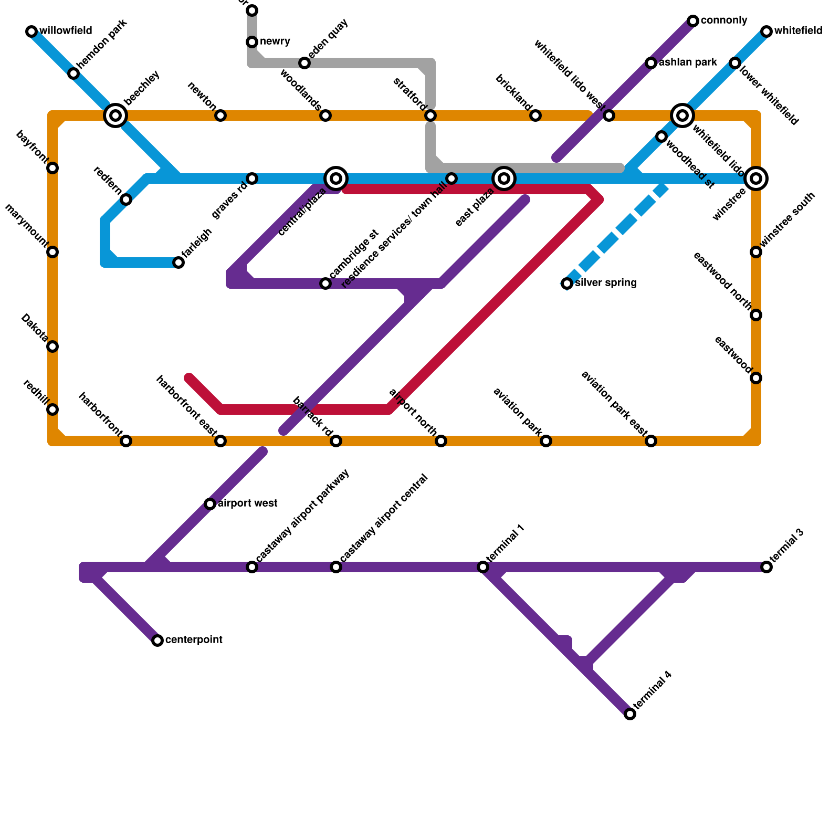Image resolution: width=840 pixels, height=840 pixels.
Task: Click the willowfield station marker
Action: click(31, 31)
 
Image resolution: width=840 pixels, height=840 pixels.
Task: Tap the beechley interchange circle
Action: click(115, 115)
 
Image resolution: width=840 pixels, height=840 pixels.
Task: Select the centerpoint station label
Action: click(194, 640)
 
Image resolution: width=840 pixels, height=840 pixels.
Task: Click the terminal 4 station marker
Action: click(630, 714)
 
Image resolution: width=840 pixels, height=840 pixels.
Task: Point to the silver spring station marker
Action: click(567, 283)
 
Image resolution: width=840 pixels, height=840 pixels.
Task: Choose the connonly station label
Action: click(724, 20)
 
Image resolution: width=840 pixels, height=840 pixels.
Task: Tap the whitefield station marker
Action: click(766, 31)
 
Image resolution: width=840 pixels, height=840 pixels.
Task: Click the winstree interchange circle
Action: click(756, 178)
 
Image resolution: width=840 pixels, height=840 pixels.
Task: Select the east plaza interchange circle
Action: click(504, 178)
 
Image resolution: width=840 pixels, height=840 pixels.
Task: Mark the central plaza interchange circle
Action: click(336, 178)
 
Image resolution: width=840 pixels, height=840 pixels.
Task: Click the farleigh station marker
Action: click(178, 262)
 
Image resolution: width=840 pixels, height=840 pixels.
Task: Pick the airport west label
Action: click(247, 503)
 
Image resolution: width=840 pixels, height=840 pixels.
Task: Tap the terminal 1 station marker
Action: click(483, 567)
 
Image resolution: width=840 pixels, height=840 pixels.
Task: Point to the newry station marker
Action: click(252, 42)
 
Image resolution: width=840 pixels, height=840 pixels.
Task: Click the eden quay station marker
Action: click(304, 63)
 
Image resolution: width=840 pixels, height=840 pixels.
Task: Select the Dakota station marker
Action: click(52, 346)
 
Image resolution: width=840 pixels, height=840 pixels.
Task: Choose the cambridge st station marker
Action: click(325, 283)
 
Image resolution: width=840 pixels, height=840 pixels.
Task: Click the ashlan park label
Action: click(688, 62)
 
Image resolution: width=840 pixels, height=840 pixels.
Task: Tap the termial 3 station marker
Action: click(766, 567)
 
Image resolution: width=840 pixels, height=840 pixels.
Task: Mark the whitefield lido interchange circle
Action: click(682, 115)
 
